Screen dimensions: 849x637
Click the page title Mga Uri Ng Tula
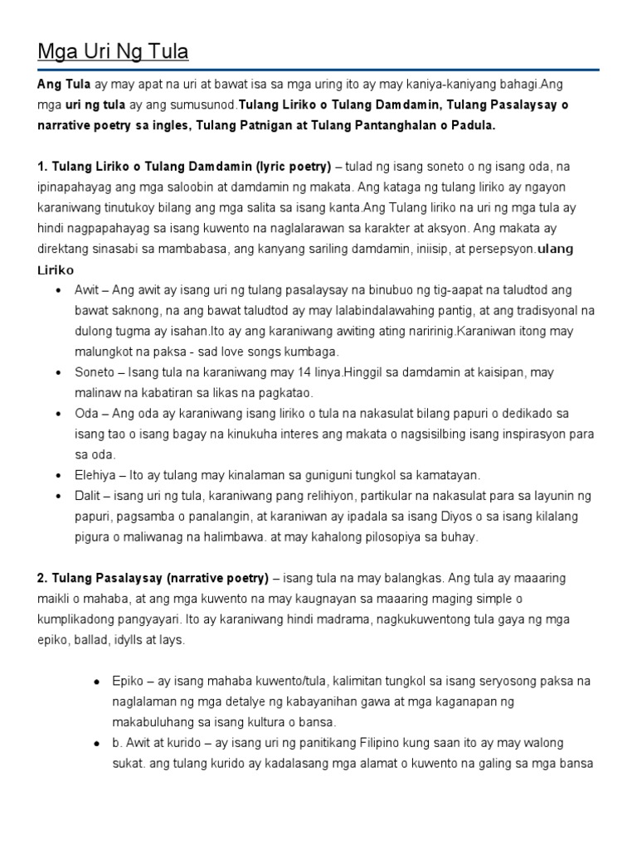click(x=113, y=52)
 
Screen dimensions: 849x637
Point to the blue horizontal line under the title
click(x=318, y=70)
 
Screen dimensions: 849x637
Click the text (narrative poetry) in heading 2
click(x=216, y=577)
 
